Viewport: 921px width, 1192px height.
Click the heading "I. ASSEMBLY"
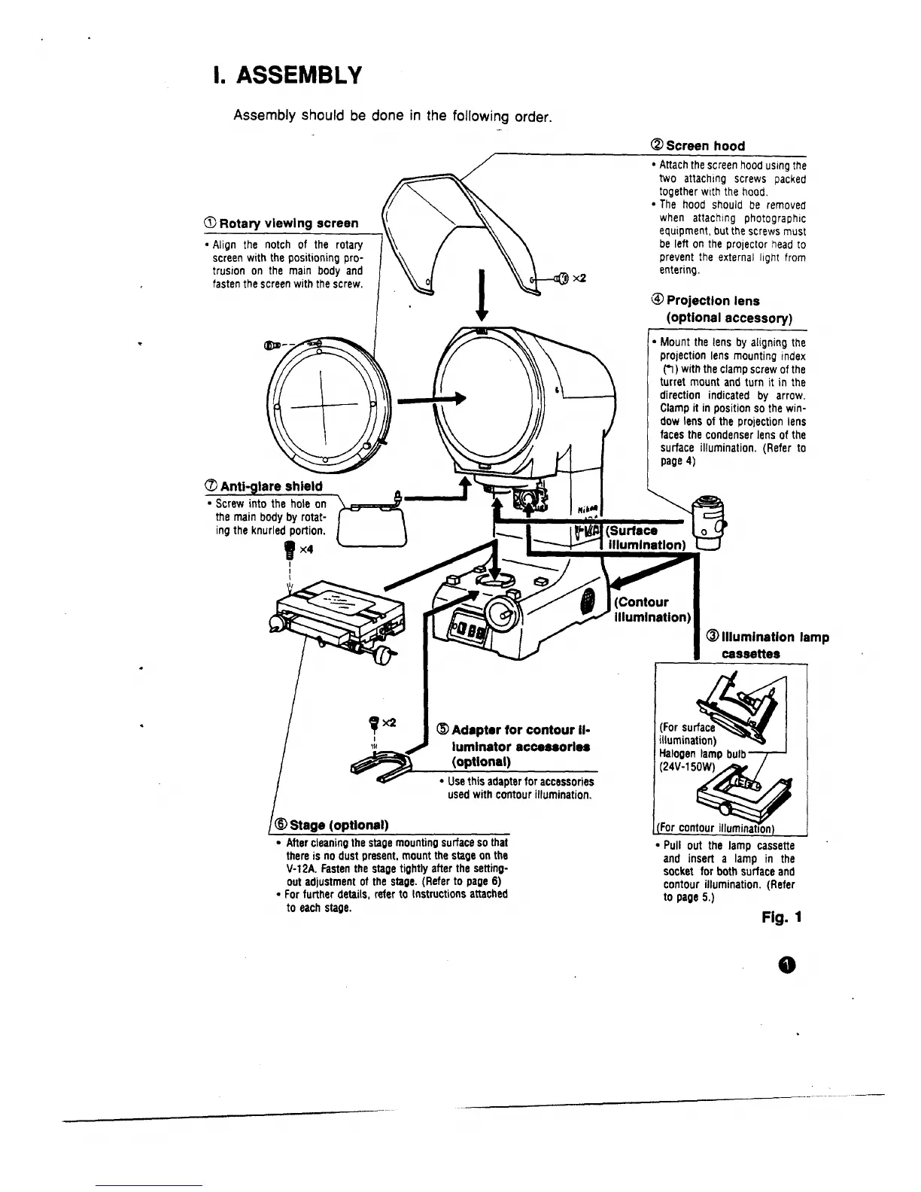tap(288, 76)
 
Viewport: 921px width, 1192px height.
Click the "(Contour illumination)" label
tap(652, 610)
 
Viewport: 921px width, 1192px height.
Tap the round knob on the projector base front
tap(501, 613)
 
